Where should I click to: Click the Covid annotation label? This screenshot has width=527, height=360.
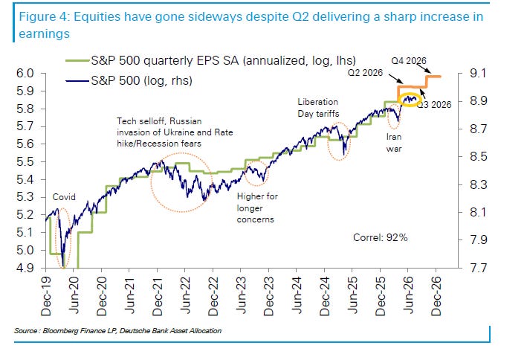64,197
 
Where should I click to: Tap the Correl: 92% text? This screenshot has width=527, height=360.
380,237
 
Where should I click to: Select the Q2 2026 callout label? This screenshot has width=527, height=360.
365,73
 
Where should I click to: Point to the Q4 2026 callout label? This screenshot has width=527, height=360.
409,60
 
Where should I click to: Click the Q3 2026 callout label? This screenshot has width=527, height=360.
434,105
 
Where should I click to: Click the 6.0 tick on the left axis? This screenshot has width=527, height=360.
25,73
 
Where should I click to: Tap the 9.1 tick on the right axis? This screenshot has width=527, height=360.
478,73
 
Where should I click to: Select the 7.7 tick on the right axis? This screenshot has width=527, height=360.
478,268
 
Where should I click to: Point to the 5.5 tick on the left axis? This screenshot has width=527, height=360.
25,161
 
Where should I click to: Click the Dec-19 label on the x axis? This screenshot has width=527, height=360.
46,296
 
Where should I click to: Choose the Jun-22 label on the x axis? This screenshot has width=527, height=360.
185,296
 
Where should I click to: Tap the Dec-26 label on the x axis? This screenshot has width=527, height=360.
436,296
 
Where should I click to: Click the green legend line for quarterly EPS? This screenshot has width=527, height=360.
77,61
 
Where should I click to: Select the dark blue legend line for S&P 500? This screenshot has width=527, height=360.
77,81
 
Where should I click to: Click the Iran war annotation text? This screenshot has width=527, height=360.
394,143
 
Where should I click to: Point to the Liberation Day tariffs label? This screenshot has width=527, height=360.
318,108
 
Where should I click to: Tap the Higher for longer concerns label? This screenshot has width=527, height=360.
257,208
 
